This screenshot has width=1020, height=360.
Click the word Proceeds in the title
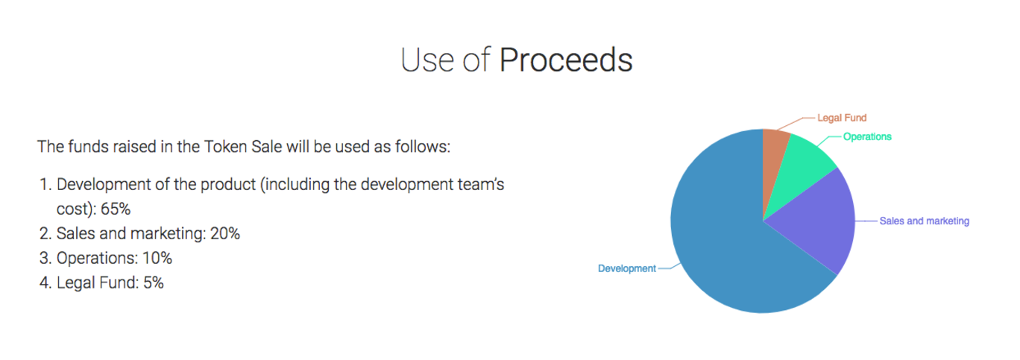pyautogui.click(x=566, y=60)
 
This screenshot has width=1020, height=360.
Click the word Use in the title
pyautogui.click(x=427, y=60)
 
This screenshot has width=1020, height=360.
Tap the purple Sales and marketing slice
pyautogui.click(x=819, y=218)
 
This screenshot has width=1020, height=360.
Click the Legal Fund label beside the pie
pyautogui.click(x=842, y=118)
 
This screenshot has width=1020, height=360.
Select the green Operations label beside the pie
pyautogui.click(x=867, y=137)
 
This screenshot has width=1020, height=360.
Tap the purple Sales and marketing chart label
pyautogui.click(x=924, y=221)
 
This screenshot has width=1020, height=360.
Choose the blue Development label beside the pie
pyautogui.click(x=626, y=268)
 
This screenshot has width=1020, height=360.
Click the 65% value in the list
pyautogui.click(x=116, y=209)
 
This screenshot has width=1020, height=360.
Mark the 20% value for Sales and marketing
pyautogui.click(x=225, y=233)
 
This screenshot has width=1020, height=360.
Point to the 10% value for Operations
pyautogui.click(x=157, y=258)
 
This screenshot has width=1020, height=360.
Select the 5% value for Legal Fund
pyautogui.click(x=154, y=282)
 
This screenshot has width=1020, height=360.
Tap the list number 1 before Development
pyautogui.click(x=45, y=184)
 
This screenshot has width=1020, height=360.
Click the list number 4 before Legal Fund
pyautogui.click(x=45, y=282)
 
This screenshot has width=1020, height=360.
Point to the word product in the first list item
pyautogui.click(x=228, y=185)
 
